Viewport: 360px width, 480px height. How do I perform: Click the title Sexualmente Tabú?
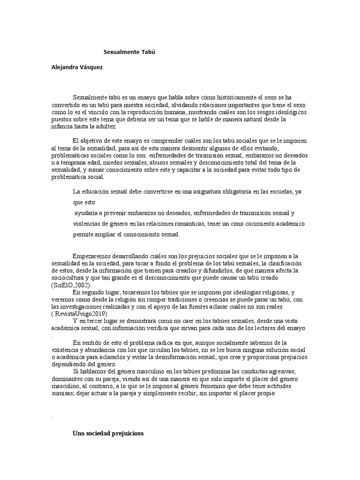click(129, 52)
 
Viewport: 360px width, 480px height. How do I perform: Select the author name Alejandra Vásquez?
click(76, 67)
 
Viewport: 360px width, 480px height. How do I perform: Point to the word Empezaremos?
click(92, 256)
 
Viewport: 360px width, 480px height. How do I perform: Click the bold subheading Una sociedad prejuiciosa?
click(108, 434)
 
